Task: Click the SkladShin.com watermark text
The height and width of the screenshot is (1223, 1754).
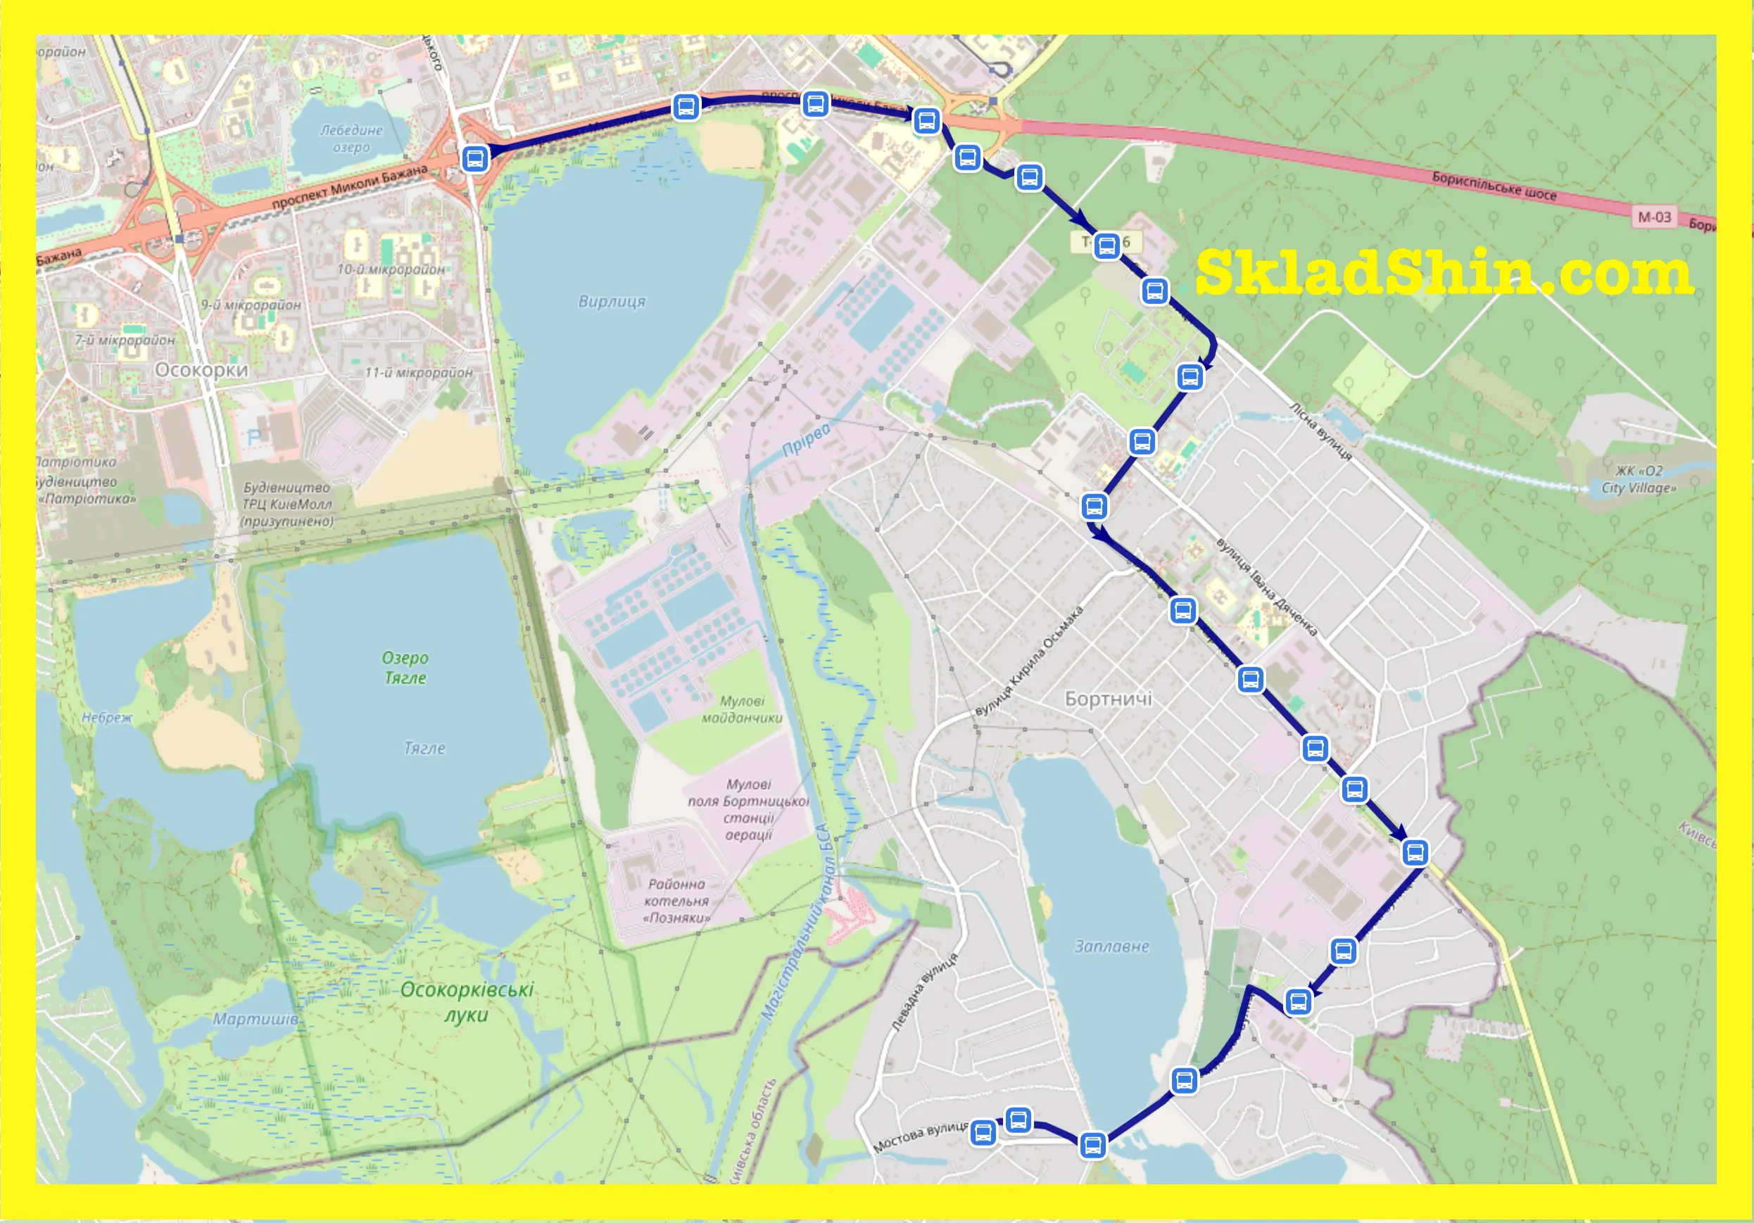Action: click(1444, 273)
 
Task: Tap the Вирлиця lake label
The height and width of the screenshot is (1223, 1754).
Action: click(611, 302)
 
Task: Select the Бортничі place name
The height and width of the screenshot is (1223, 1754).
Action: click(1108, 699)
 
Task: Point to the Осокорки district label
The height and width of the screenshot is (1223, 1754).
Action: click(202, 371)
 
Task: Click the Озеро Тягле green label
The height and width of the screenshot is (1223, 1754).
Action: click(405, 668)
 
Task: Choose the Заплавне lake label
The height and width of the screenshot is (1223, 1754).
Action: click(1111, 946)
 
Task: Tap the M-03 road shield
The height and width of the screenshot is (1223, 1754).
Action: click(1654, 217)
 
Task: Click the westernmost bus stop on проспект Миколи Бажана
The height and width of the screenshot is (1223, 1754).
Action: click(475, 159)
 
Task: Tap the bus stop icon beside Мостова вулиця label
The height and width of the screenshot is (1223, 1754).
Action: click(983, 1133)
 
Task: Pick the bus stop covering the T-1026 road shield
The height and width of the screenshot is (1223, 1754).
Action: click(1107, 246)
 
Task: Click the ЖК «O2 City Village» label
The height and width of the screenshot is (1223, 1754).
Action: click(1639, 480)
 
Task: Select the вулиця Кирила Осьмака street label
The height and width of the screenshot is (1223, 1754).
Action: click(1029, 661)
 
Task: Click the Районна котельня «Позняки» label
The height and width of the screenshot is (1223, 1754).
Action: click(676, 901)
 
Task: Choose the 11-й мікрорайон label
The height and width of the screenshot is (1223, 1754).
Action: click(419, 373)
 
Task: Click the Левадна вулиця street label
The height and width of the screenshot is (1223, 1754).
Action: click(924, 992)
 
